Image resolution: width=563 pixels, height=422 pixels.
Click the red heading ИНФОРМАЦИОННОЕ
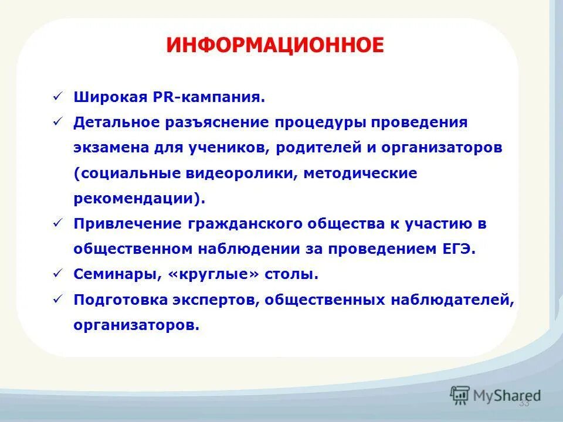click(275, 46)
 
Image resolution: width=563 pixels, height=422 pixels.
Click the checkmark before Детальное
click(57, 122)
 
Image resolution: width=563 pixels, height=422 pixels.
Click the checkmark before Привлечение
click(57, 223)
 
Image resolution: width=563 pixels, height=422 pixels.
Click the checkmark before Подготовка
click(57, 299)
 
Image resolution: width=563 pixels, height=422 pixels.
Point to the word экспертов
click(217, 300)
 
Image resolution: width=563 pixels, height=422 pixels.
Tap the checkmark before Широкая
click(57, 97)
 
